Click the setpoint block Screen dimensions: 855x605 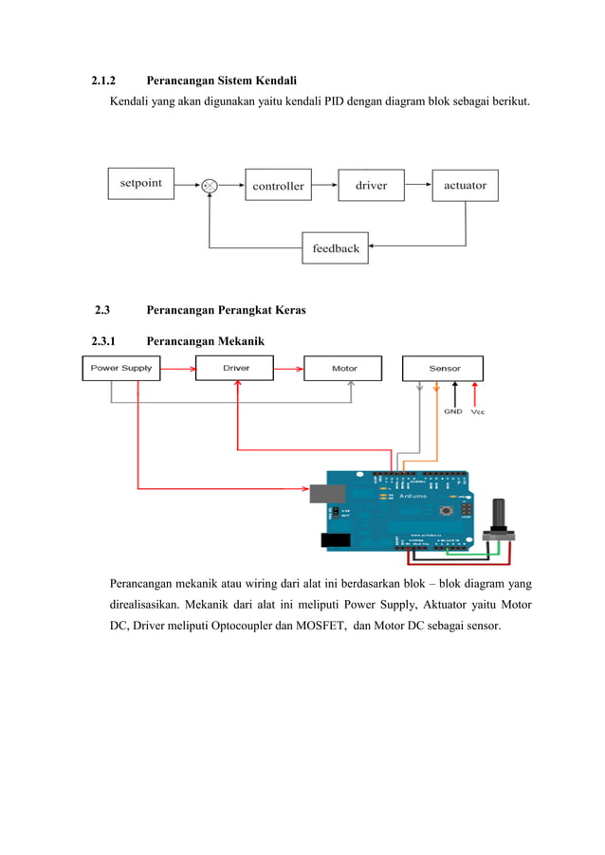[140, 183]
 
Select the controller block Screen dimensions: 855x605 [278, 186]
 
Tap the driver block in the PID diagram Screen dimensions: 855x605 [371, 185]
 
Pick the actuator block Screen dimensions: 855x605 [465, 185]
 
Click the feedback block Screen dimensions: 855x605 [336, 248]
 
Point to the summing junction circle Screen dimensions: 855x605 [210, 186]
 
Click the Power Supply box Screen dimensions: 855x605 [121, 368]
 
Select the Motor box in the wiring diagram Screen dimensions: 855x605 [343, 368]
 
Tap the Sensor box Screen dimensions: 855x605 [444, 368]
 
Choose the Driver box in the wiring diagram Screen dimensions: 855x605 [235, 368]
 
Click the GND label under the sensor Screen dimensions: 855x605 [453, 411]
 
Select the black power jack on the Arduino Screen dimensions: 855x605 [337, 540]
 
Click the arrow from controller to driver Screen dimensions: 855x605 [323, 186]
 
